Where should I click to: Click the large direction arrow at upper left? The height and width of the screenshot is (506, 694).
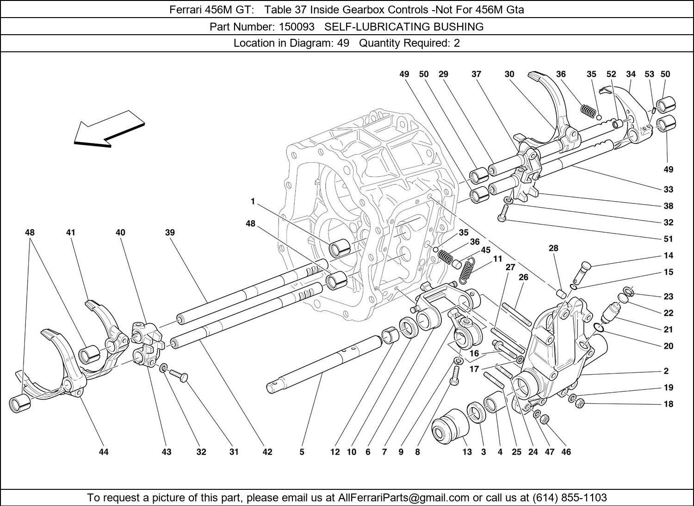click(x=109, y=130)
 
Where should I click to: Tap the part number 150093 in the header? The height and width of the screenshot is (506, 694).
click(x=297, y=27)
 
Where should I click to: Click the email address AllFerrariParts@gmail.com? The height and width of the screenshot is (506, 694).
click(x=403, y=497)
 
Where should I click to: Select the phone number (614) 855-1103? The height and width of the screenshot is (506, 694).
click(x=570, y=497)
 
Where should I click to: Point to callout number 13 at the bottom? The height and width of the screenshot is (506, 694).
click(x=467, y=452)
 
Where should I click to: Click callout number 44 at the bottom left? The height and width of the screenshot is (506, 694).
click(x=104, y=452)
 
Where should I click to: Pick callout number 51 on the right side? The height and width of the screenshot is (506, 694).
click(x=668, y=239)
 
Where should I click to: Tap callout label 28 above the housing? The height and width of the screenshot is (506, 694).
click(x=553, y=248)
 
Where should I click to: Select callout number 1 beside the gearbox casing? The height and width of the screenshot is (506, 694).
click(x=253, y=202)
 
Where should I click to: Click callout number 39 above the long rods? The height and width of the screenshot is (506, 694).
click(x=170, y=232)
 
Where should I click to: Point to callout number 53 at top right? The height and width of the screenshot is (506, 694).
click(x=649, y=74)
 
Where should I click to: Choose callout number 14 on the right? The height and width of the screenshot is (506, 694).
click(x=668, y=255)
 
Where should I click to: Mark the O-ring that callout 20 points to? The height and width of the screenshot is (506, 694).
click(x=599, y=327)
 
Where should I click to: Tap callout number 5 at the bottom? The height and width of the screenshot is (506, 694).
click(x=302, y=452)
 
